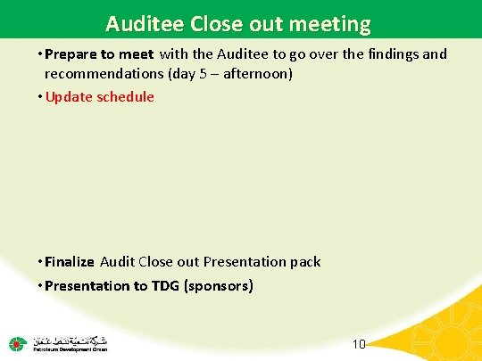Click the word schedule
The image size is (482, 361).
tap(128, 95)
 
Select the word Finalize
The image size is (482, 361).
tap(70, 262)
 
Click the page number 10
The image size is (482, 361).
tap(360, 344)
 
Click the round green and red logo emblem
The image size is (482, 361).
tap(17, 343)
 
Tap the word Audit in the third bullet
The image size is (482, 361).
tap(117, 262)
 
